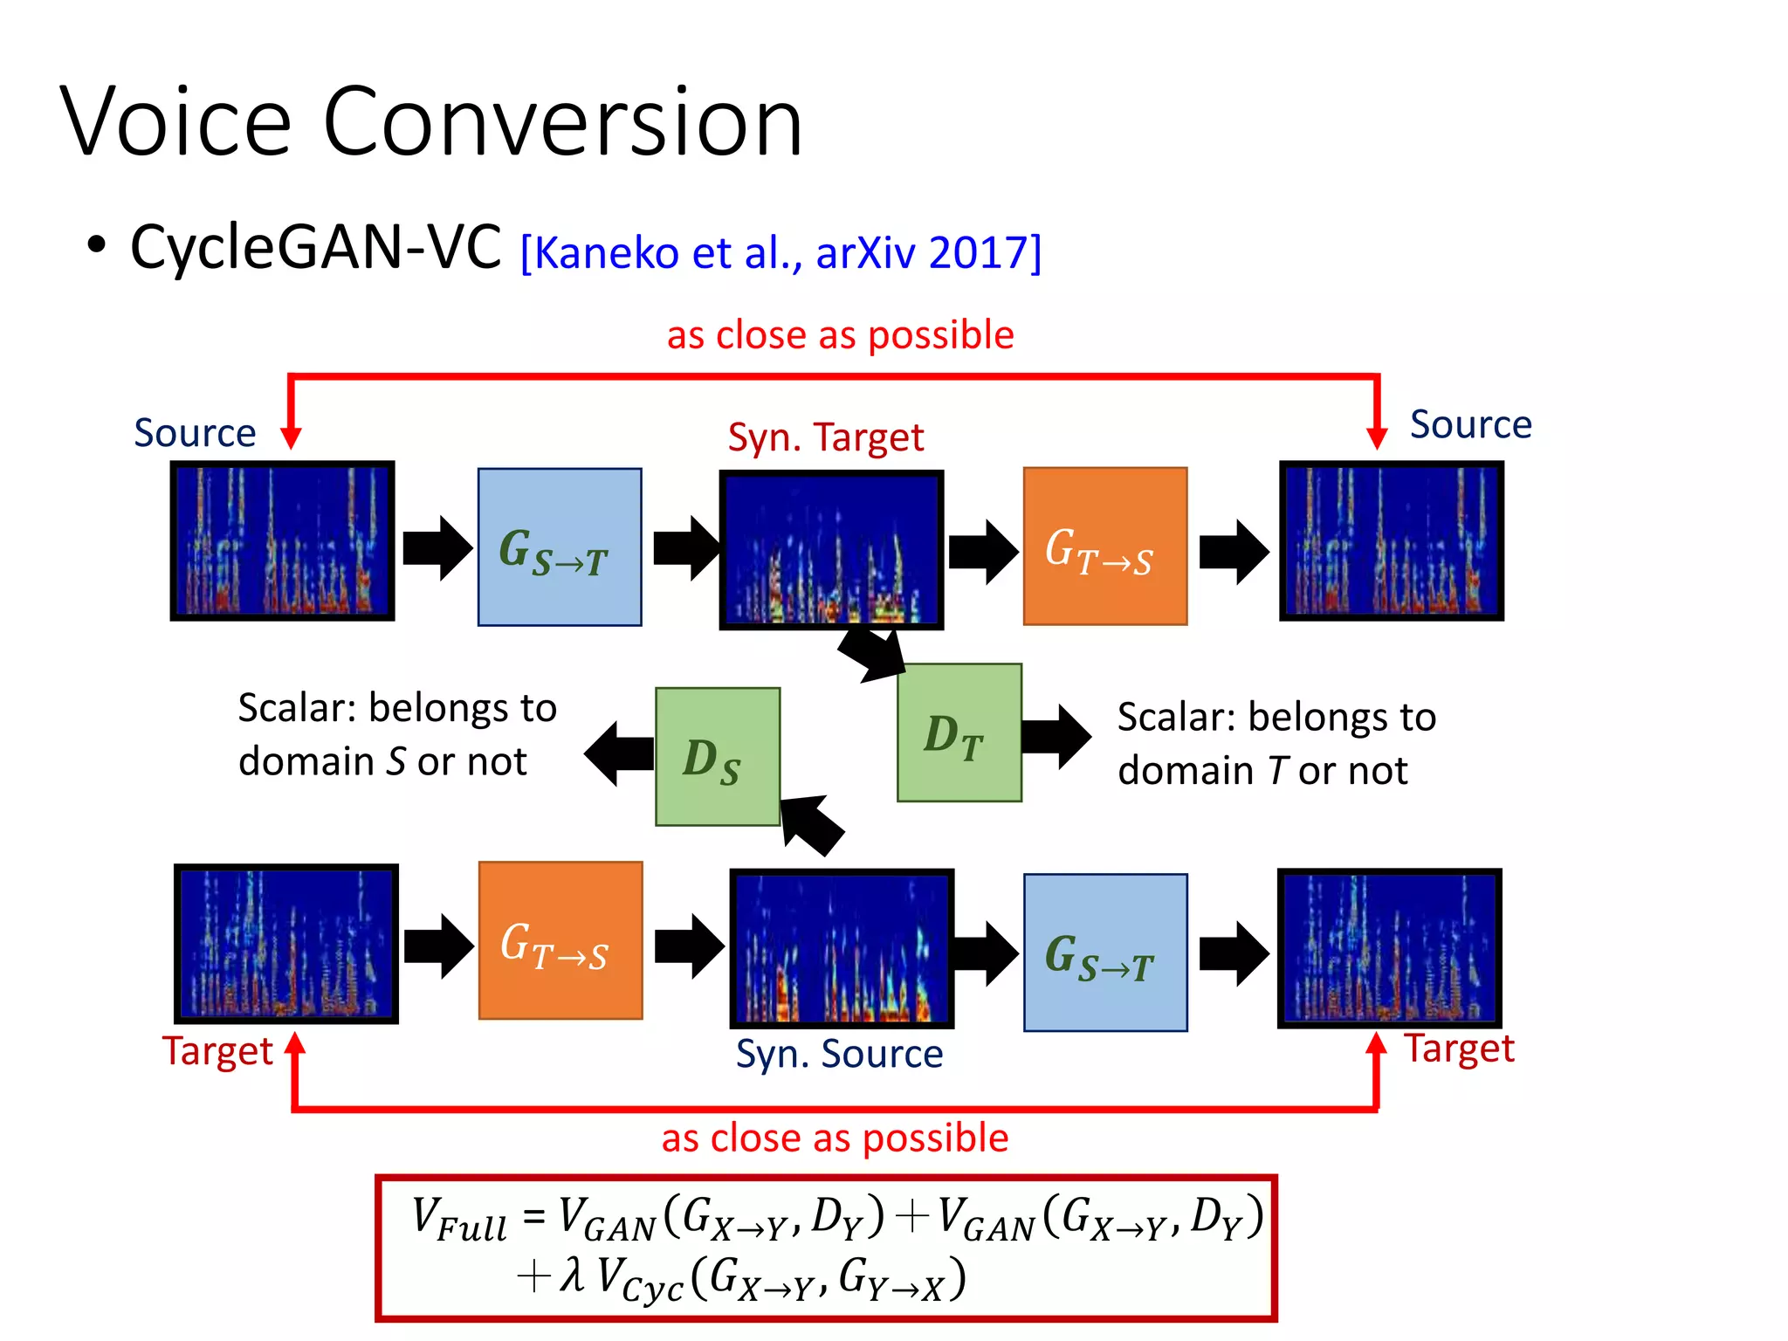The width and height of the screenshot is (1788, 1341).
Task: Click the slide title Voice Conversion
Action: (430, 122)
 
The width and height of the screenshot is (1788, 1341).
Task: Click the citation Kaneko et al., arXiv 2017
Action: (781, 253)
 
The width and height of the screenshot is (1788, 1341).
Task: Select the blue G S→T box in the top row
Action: (560, 547)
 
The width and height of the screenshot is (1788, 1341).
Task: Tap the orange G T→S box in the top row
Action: (1104, 547)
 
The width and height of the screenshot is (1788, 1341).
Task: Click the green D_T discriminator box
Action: (959, 732)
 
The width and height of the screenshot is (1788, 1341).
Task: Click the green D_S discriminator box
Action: (717, 757)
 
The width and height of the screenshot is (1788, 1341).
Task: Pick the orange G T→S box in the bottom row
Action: (560, 940)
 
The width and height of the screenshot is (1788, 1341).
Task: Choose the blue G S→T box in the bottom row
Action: (1104, 952)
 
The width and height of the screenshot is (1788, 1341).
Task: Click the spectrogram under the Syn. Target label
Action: (830, 550)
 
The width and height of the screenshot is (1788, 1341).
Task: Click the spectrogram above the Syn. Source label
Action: (841, 948)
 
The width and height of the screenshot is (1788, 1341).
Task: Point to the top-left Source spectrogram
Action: (282, 541)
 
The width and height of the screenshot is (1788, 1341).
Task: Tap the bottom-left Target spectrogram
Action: (286, 943)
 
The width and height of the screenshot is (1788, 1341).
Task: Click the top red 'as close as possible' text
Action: (840, 335)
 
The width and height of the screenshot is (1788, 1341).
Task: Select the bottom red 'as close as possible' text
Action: (835, 1138)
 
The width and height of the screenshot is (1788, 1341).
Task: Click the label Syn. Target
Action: (825, 437)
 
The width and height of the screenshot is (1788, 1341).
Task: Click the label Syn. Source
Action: (839, 1054)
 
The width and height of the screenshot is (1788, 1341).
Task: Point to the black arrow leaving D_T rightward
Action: (1056, 737)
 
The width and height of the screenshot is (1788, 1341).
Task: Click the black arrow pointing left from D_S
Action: (619, 753)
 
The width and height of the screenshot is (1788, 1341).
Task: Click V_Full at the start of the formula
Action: (458, 1219)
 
